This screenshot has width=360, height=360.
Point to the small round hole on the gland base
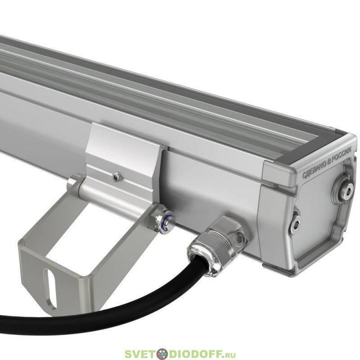[x=239, y=238]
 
